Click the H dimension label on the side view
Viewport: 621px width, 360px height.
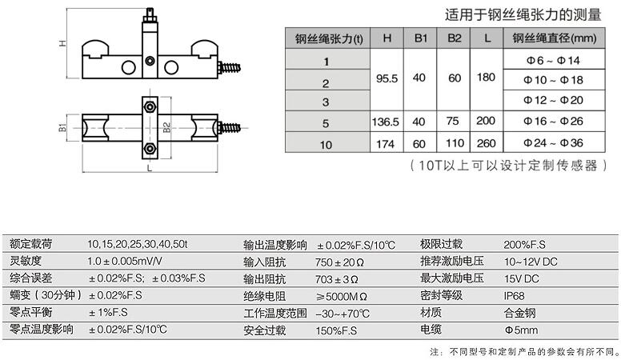(x=62, y=45)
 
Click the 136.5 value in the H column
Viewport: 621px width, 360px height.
(x=386, y=122)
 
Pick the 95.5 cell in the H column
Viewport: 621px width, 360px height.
(x=386, y=81)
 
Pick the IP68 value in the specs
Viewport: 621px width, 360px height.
(x=515, y=295)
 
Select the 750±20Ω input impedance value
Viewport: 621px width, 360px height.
(x=340, y=262)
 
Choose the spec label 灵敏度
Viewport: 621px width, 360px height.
(x=26, y=262)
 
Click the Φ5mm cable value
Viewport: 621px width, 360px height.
(x=519, y=330)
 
